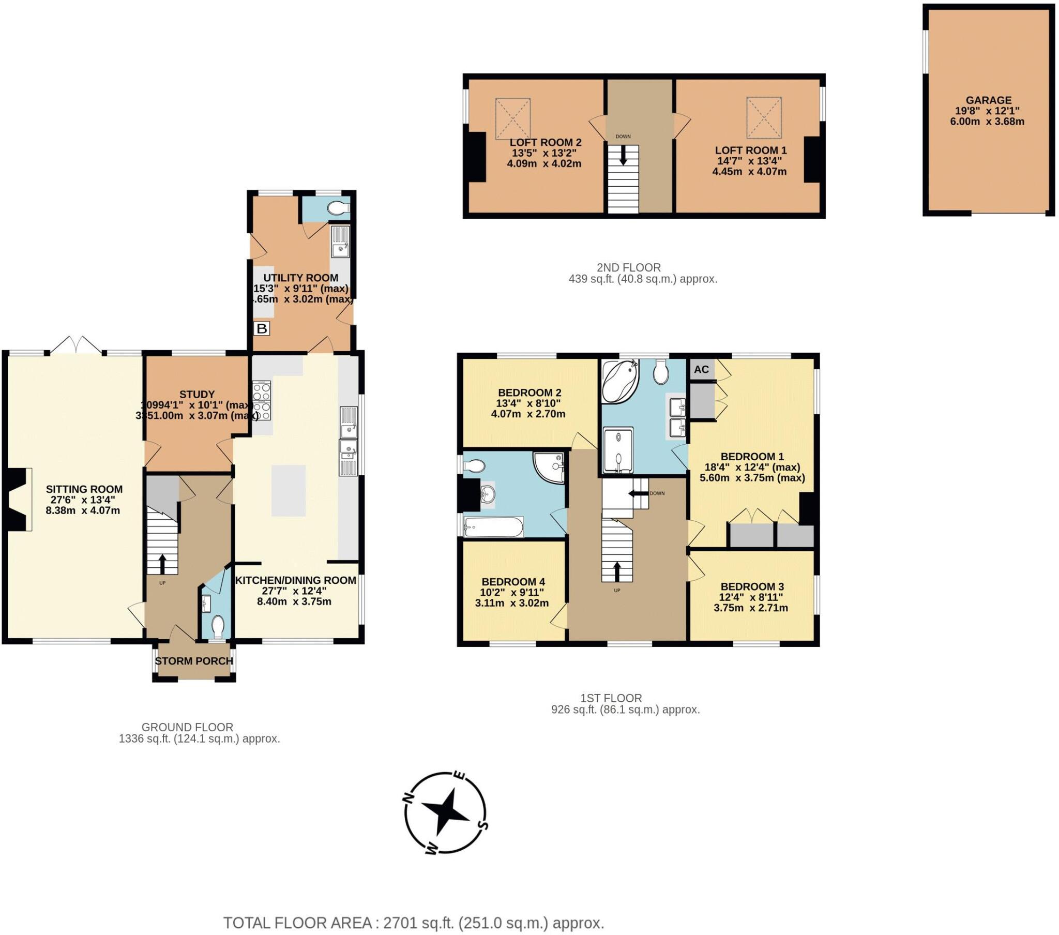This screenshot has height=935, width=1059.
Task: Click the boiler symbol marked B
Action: pyautogui.click(x=262, y=328)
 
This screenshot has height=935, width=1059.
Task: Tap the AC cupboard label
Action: pyautogui.click(x=701, y=370)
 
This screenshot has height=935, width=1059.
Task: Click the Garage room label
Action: pyautogui.click(x=988, y=100)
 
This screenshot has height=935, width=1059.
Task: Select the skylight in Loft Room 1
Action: pyautogui.click(x=764, y=118)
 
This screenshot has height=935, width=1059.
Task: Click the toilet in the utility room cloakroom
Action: pyautogui.click(x=339, y=208)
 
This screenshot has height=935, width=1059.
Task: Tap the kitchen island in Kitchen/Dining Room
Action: pyautogui.click(x=289, y=490)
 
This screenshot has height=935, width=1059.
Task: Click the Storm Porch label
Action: pyautogui.click(x=194, y=661)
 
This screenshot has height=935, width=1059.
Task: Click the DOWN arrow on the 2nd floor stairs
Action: pyautogui.click(x=623, y=155)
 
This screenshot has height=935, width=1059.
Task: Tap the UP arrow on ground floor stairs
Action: pyautogui.click(x=162, y=562)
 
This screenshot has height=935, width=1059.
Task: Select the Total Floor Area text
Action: pyautogui.click(x=414, y=923)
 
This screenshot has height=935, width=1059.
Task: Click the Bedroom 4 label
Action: pyautogui.click(x=513, y=581)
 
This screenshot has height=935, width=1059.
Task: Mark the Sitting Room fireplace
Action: pyautogui.click(x=19, y=499)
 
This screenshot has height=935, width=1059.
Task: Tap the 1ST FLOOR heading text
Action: pyautogui.click(x=611, y=698)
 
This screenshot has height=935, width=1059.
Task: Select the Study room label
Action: pyautogui.click(x=197, y=394)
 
